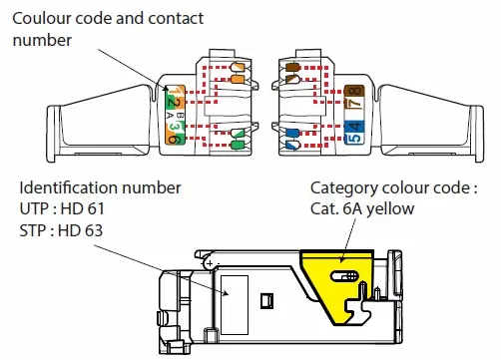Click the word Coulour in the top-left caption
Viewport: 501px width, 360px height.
click(42, 18)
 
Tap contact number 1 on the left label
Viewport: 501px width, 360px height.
click(175, 91)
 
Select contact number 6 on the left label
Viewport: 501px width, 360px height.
click(174, 139)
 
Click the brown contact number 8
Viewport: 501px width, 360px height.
click(354, 91)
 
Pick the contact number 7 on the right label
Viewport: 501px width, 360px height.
click(354, 103)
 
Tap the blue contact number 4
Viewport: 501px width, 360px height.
click(354, 127)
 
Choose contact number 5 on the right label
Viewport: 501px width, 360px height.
click(354, 138)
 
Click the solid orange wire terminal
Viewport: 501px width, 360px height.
click(239, 79)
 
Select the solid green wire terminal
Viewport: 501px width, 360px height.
click(239, 145)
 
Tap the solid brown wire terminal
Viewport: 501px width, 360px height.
click(292, 68)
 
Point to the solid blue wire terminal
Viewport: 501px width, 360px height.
click(292, 133)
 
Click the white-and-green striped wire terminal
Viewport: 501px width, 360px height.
click(239, 134)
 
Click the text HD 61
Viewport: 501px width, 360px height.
click(83, 208)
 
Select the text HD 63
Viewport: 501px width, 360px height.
click(80, 230)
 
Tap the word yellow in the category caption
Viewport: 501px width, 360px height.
click(390, 209)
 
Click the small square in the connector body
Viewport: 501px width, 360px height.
click(266, 301)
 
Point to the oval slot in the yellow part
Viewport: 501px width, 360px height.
click(344, 276)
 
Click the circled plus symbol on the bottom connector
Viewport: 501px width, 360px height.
click(210, 264)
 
